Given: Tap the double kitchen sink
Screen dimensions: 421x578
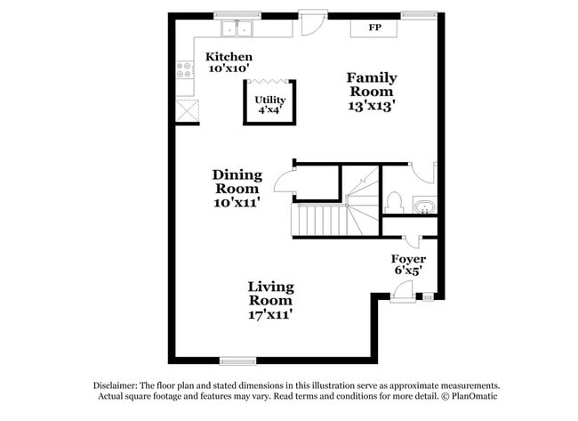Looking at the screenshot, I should pyautogui.click(x=237, y=29).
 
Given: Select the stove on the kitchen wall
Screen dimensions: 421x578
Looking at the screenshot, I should pyautogui.click(x=185, y=69).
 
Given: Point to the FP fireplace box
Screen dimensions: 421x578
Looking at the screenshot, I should pyautogui.click(x=376, y=27).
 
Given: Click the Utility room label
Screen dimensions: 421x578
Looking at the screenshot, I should pyautogui.click(x=269, y=100).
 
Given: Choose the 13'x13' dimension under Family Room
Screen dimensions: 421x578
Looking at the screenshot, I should pyautogui.click(x=372, y=105).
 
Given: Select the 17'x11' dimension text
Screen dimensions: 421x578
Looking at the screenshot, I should pyautogui.click(x=270, y=313).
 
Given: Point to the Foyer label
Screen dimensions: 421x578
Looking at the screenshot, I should pyautogui.click(x=408, y=259).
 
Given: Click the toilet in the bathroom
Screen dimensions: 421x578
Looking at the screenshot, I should pyautogui.click(x=395, y=201).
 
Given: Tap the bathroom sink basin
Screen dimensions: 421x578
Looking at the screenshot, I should pyautogui.click(x=425, y=207).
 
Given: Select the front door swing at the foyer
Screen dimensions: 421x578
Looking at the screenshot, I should pyautogui.click(x=402, y=290).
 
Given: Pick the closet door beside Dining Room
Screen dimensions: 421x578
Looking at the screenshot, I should pyautogui.click(x=285, y=182).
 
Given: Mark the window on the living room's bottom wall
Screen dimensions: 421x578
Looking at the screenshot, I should pyautogui.click(x=237, y=360).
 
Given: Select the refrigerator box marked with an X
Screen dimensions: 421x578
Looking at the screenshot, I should pyautogui.click(x=187, y=111).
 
